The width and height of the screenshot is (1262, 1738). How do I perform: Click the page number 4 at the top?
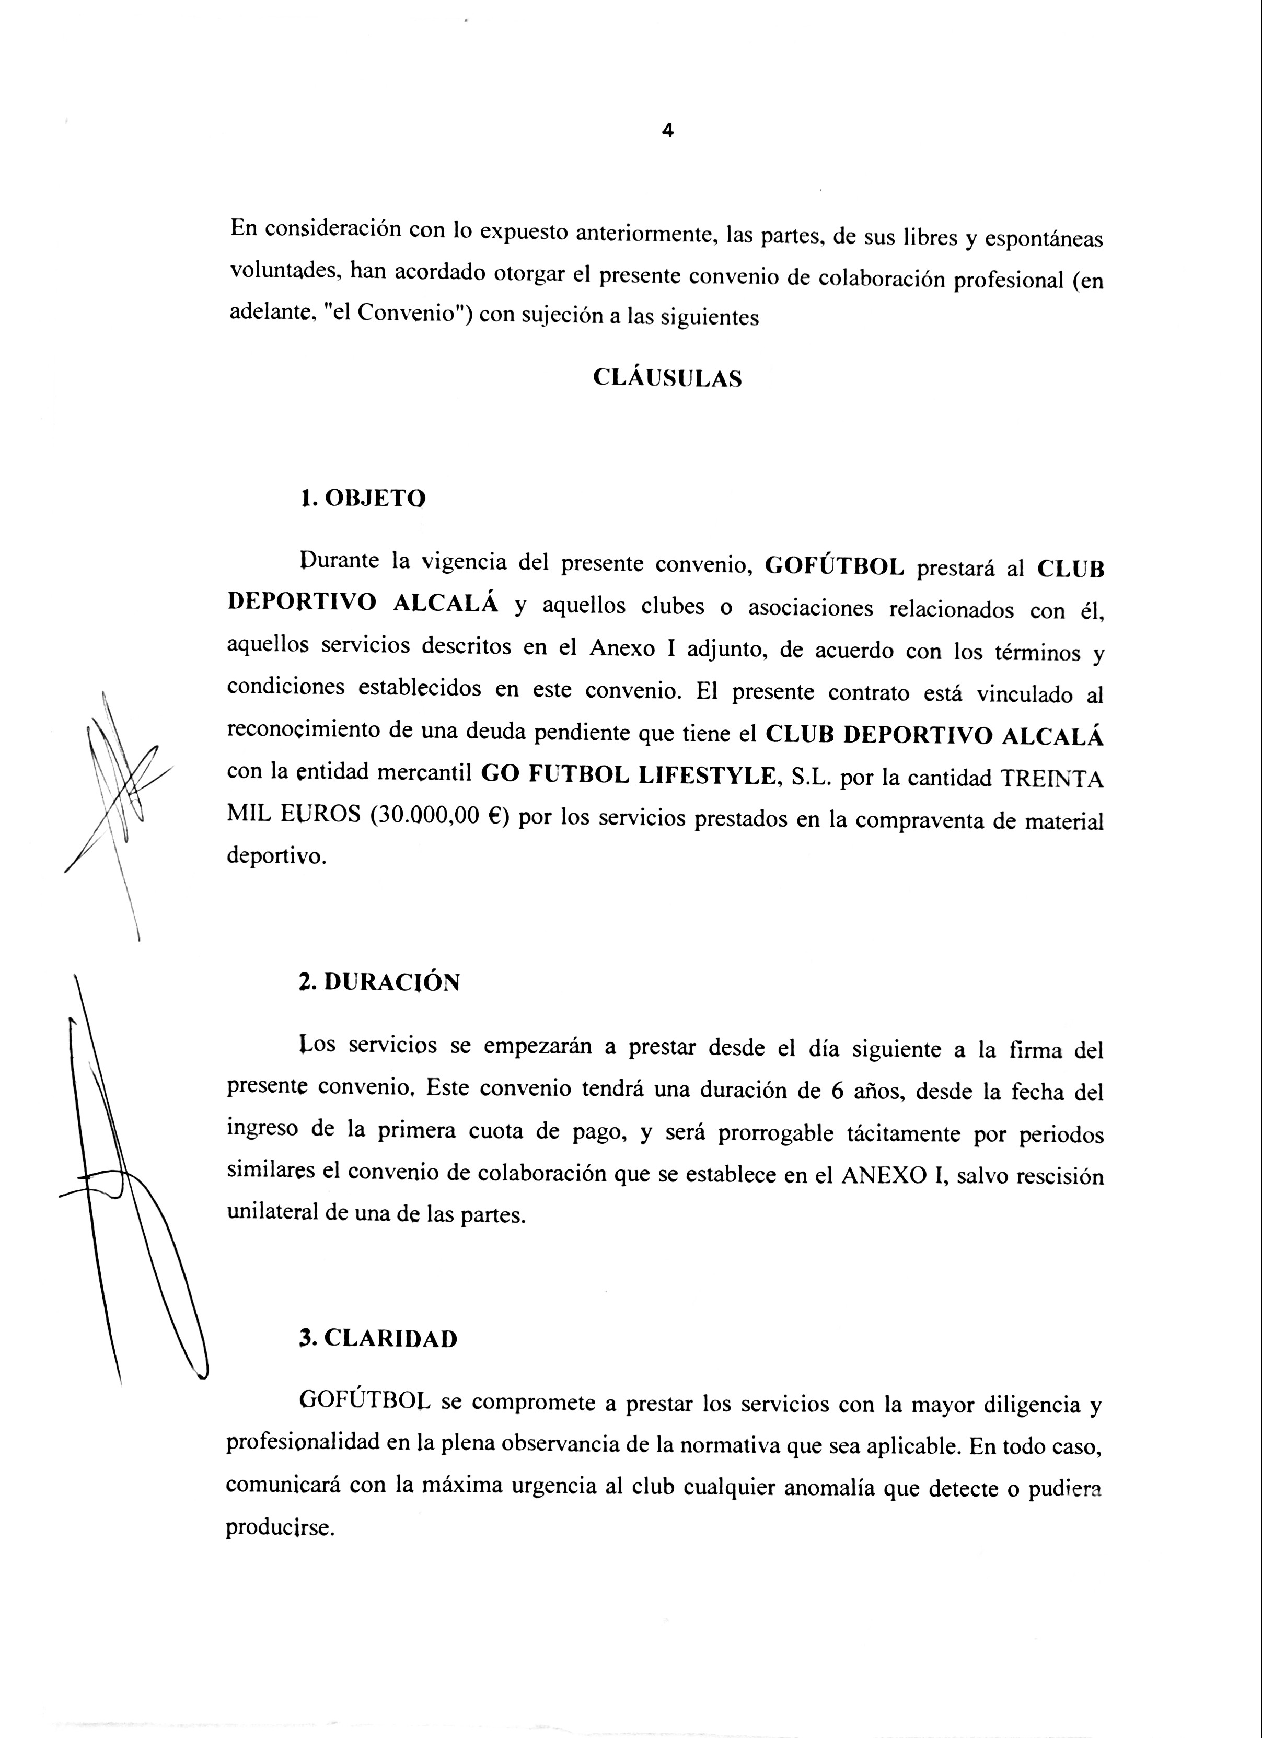tap(667, 131)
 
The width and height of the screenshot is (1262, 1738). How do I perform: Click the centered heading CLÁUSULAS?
tap(667, 378)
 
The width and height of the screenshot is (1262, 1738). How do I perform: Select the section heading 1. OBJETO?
tap(363, 499)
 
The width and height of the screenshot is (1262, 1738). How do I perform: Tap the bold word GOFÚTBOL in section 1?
tap(835, 567)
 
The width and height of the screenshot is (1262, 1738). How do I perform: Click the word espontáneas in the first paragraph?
tap(1044, 240)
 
